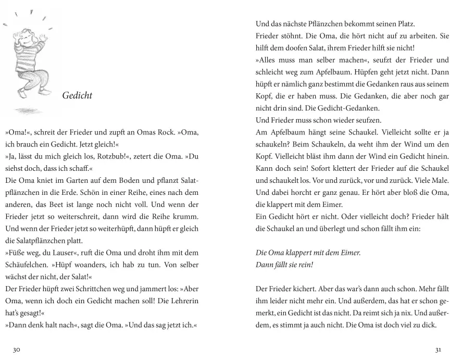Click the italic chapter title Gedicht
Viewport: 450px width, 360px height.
point(77,96)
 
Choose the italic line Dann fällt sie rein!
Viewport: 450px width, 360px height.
point(284,264)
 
